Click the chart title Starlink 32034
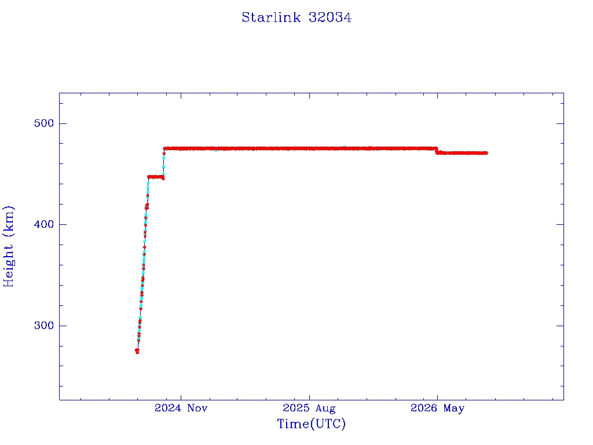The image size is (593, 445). coord(296,17)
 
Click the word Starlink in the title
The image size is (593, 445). coord(271,17)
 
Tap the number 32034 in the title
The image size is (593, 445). coord(330,17)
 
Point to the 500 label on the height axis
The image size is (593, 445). coord(44,123)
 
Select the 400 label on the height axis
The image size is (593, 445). coord(44,224)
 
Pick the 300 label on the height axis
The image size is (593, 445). coord(44,326)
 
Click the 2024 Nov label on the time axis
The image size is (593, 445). coord(181,408)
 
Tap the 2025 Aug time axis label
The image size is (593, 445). coord(309,408)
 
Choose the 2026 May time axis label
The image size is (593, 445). coord(437,408)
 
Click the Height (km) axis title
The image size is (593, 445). coord(8,246)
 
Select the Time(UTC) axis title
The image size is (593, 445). coord(311,424)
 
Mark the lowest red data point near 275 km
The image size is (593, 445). coord(137,351)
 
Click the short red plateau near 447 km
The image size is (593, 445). coord(156,177)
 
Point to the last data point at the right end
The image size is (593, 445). coord(486,153)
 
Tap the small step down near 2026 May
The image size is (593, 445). coord(437,151)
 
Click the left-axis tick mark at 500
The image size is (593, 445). coord(63,123)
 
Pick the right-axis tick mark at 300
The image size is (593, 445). coord(560,326)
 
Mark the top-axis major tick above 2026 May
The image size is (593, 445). coord(438,96)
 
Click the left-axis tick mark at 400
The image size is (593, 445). coord(63,224)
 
